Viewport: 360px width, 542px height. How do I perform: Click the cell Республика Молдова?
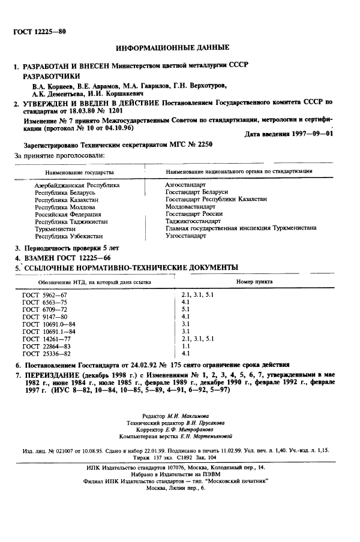[x=62, y=207]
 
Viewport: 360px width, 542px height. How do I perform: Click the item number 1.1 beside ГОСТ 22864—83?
[x=185, y=346]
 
